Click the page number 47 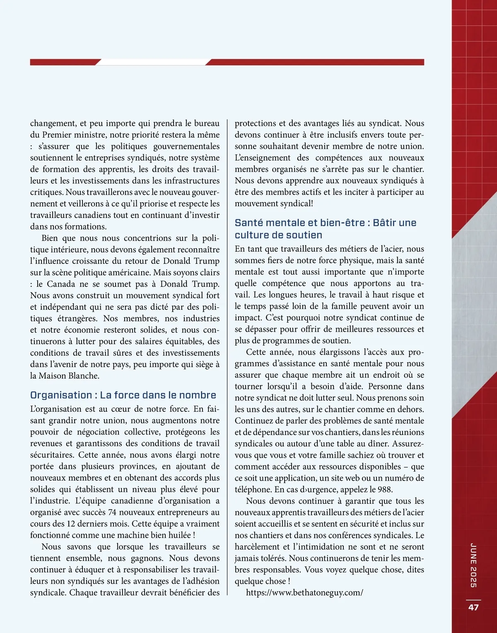click(x=473, y=607)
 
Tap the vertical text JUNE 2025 click(x=473, y=565)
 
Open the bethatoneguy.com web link click(x=304, y=592)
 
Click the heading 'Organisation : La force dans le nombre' click(x=123, y=395)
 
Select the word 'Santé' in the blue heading click(x=248, y=223)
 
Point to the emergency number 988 click(x=385, y=489)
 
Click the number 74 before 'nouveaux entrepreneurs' click(x=112, y=512)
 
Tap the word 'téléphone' click(x=253, y=489)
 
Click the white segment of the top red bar click(x=153, y=62)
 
